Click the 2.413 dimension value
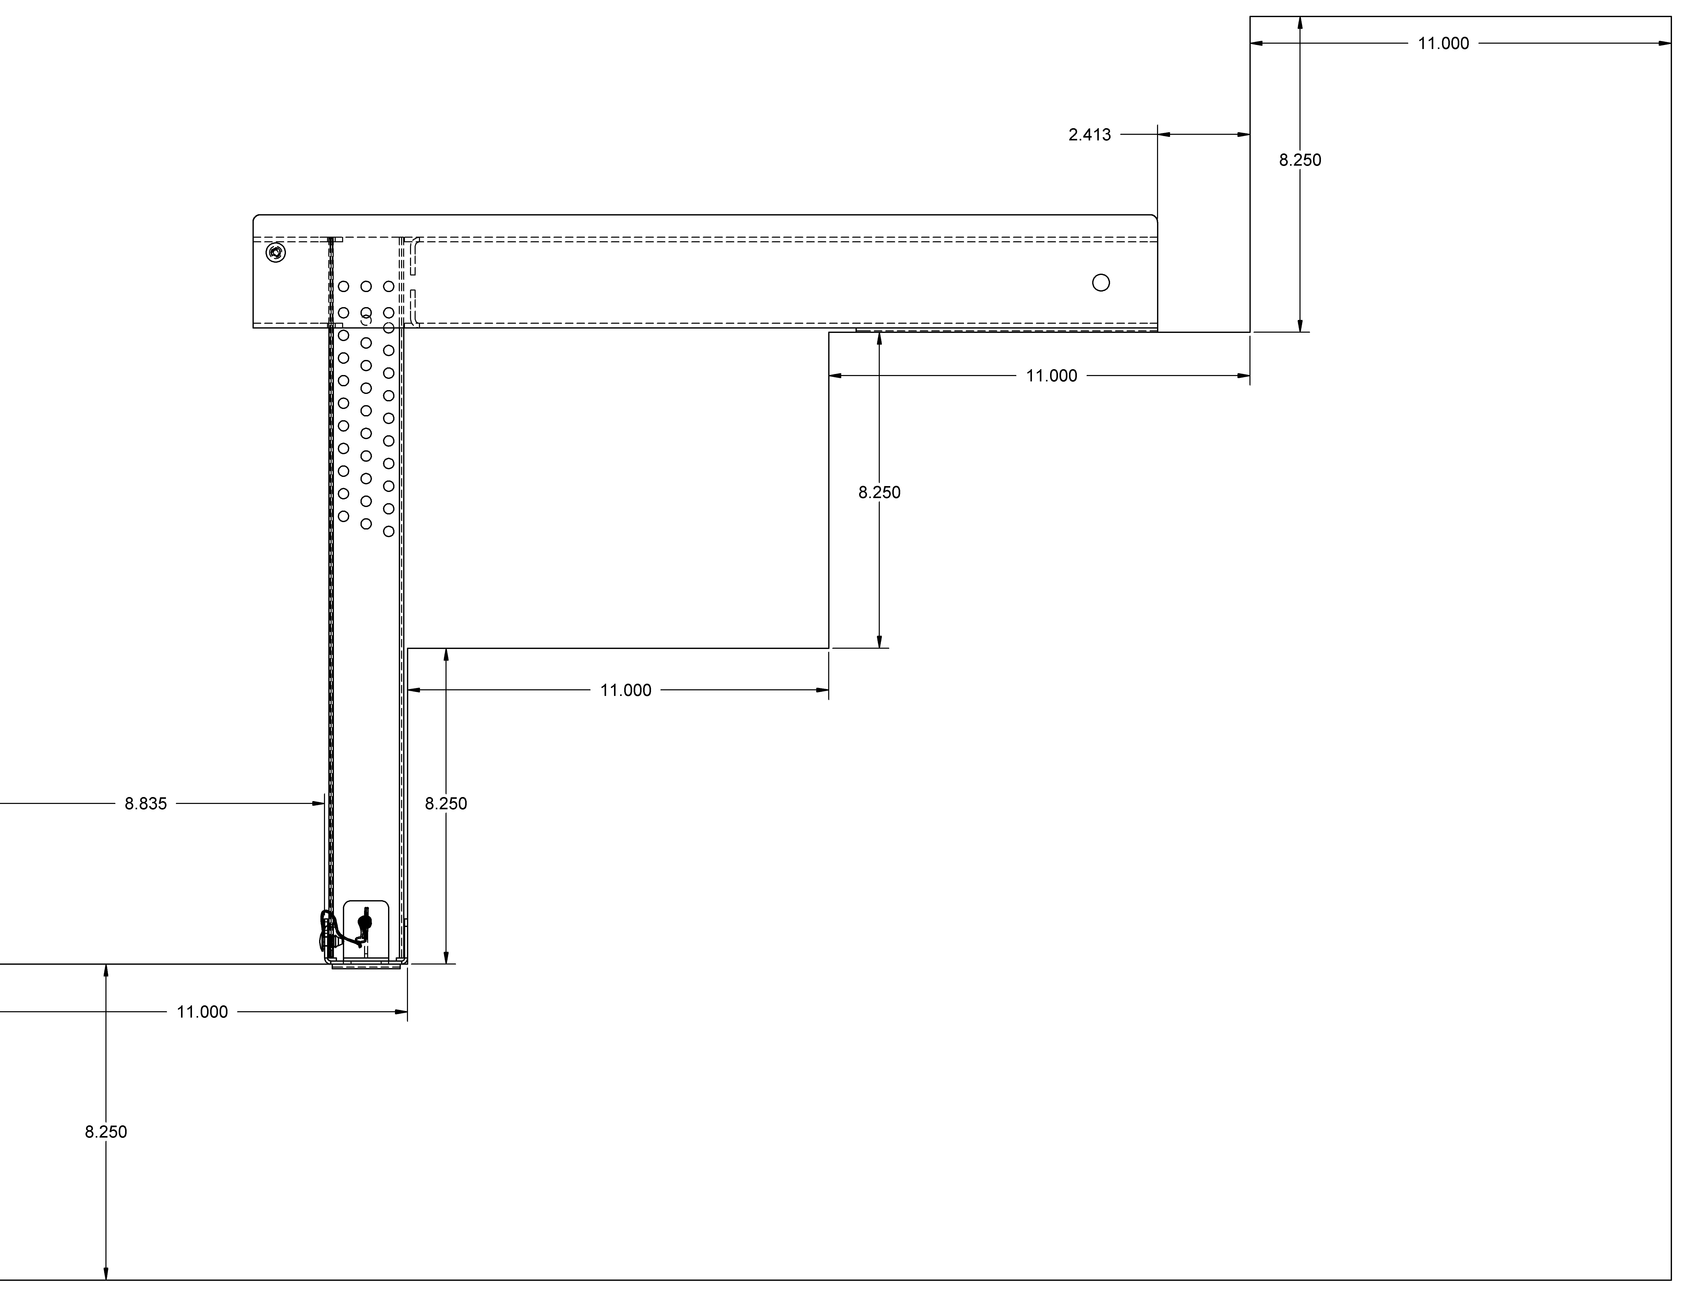(x=1089, y=135)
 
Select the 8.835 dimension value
(x=146, y=804)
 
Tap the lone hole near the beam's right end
(x=1101, y=283)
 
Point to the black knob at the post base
(x=365, y=923)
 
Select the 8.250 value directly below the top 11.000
(x=1300, y=160)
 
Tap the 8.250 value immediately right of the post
(x=446, y=804)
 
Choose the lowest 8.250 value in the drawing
(x=106, y=1131)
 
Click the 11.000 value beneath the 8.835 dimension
(x=202, y=1012)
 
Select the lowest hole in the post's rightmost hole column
(x=389, y=532)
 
